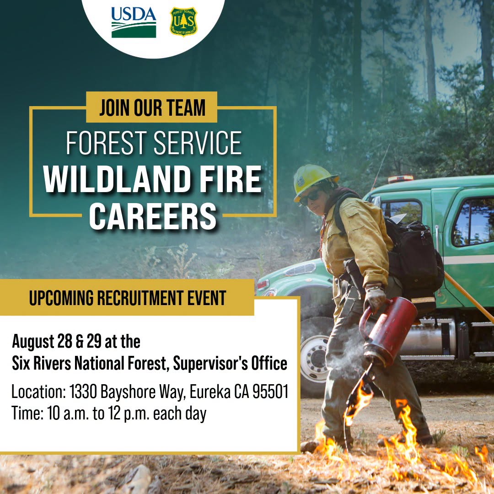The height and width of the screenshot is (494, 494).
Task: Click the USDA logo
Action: (134, 22)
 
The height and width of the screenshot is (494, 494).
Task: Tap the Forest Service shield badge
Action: (183, 22)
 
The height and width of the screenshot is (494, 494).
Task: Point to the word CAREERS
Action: (153, 216)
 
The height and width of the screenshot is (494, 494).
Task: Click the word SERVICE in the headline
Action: (198, 143)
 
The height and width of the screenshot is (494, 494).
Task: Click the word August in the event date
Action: (33, 342)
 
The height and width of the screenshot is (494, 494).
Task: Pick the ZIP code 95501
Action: (271, 392)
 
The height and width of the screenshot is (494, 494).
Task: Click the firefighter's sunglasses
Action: (309, 198)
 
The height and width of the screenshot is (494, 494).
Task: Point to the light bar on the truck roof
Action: (400, 179)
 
